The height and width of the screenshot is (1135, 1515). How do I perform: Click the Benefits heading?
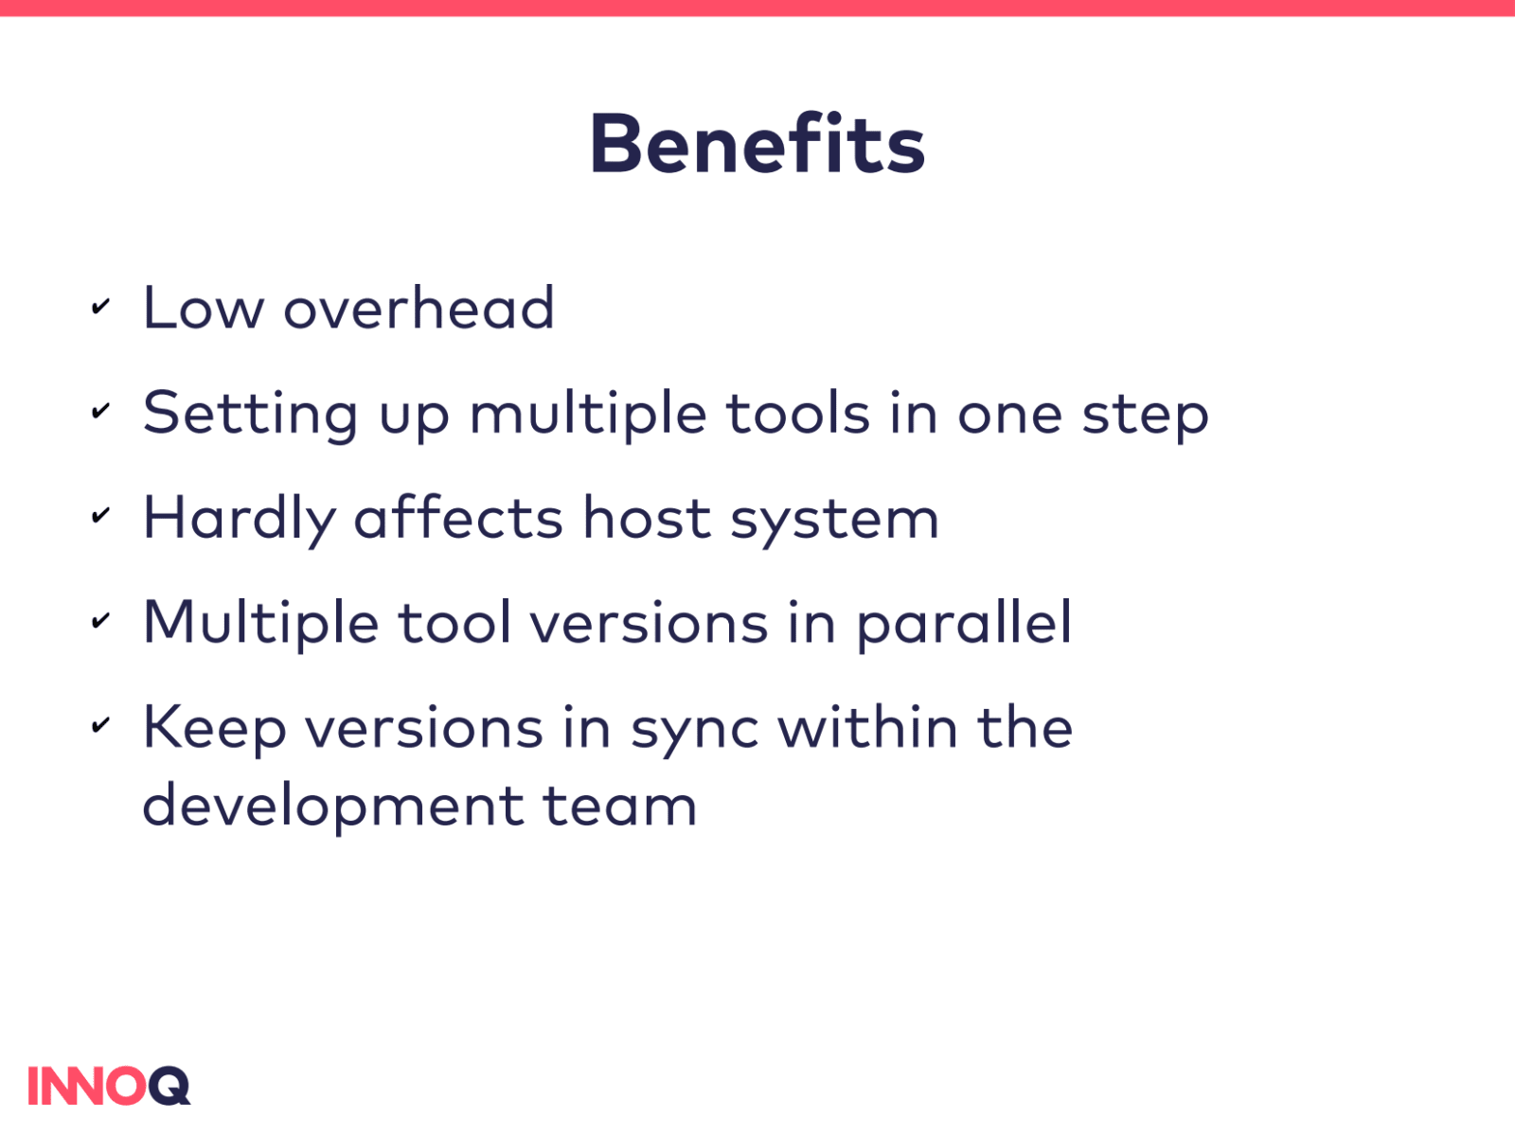(757, 144)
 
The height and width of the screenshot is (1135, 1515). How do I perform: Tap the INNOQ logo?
(109, 1086)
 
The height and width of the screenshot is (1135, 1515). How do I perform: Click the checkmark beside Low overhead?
(100, 307)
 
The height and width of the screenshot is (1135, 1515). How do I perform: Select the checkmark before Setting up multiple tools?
(100, 411)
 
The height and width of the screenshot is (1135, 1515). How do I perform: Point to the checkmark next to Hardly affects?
(100, 515)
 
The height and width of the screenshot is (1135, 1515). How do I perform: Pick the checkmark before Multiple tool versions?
(100, 620)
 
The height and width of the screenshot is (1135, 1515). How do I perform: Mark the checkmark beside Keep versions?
(100, 724)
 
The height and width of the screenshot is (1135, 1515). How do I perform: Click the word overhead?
(419, 307)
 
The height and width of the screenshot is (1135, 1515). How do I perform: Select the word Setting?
(251, 414)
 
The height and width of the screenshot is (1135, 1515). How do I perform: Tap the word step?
(1146, 417)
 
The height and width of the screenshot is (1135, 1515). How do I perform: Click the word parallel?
(964, 625)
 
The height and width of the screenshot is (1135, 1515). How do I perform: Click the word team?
(620, 806)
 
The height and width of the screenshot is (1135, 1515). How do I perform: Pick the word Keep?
(215, 730)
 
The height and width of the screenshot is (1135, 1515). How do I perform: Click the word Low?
(204, 307)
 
